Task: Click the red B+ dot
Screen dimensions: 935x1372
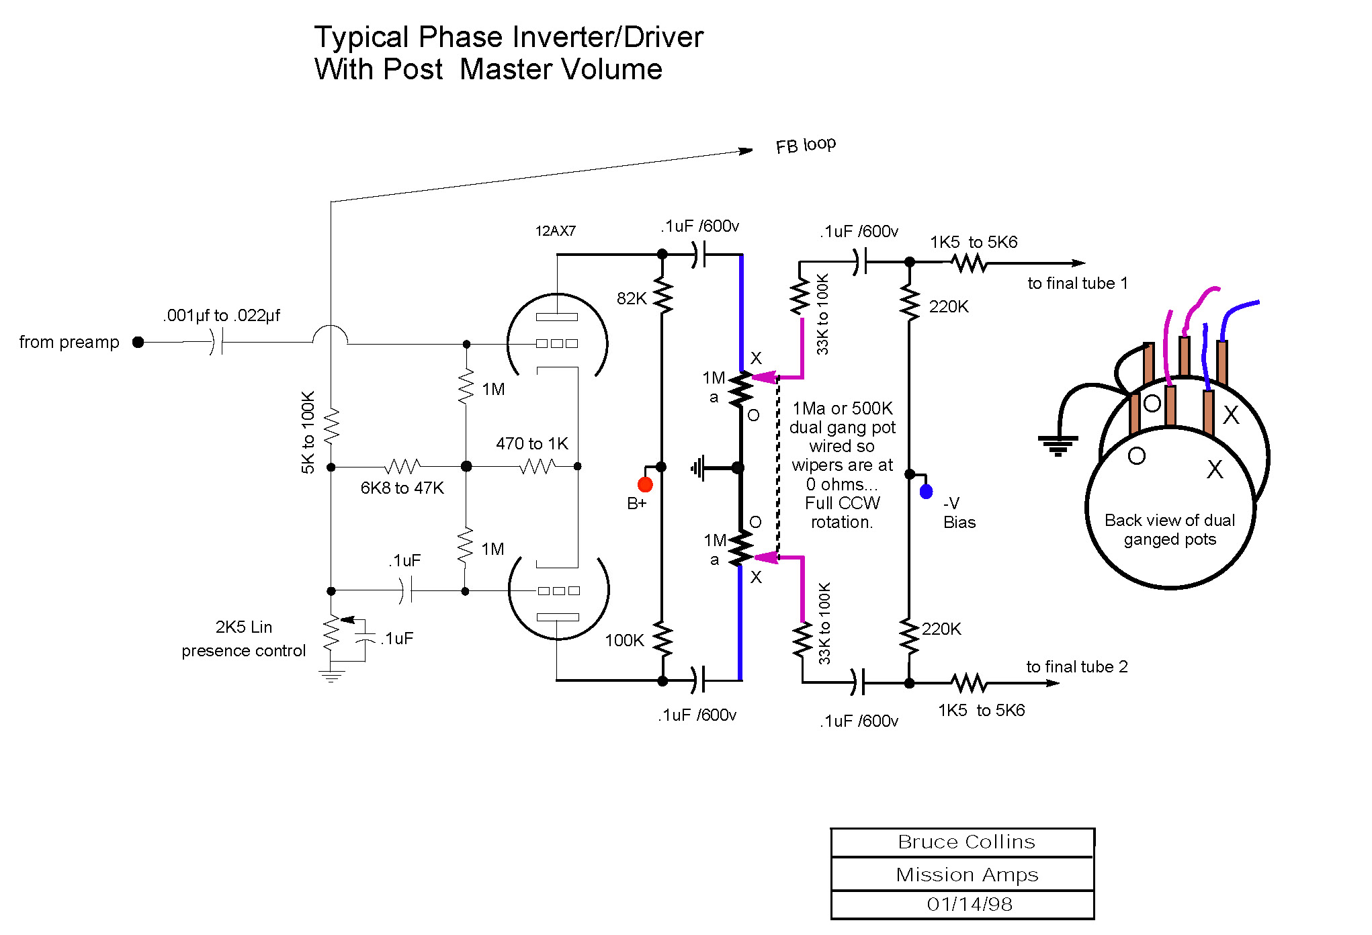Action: (x=645, y=484)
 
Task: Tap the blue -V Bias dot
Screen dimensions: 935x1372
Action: (x=926, y=492)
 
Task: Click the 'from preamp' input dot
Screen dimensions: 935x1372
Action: (x=138, y=343)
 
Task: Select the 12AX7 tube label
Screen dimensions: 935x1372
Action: (x=555, y=231)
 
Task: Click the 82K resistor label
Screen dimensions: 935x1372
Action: (x=632, y=299)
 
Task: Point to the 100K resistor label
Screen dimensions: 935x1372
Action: (x=624, y=641)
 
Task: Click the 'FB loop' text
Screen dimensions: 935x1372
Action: (x=806, y=145)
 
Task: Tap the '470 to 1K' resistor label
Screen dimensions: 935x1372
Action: (x=531, y=444)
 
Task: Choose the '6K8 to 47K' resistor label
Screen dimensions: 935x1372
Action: (x=402, y=488)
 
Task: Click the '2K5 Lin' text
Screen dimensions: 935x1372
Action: (x=243, y=627)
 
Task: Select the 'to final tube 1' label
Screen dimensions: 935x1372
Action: (x=1077, y=283)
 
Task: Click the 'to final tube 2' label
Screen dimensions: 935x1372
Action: (x=1076, y=667)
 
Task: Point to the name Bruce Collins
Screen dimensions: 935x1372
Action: (x=966, y=842)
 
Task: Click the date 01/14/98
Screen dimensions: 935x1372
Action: (x=969, y=905)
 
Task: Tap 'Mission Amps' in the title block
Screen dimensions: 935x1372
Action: (x=967, y=875)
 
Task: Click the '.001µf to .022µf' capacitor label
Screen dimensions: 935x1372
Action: (x=221, y=316)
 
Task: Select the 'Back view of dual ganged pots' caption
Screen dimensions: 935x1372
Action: (x=1169, y=530)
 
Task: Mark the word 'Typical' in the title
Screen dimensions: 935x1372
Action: (x=361, y=38)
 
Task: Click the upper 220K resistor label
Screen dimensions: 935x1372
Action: (x=948, y=307)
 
